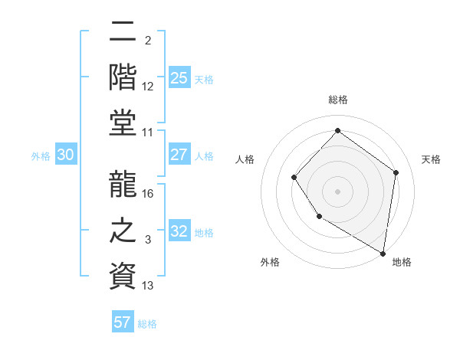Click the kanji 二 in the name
click(x=123, y=32)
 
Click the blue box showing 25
click(x=179, y=77)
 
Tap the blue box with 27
click(x=179, y=155)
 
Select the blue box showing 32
click(x=179, y=231)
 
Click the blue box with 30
click(x=65, y=155)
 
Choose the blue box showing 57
click(x=123, y=322)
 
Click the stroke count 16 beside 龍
click(x=148, y=193)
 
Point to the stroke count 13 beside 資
click(x=148, y=286)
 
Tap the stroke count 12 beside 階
click(x=148, y=86)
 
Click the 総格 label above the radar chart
click(x=337, y=100)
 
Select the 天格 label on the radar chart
click(x=431, y=159)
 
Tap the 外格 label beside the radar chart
click(x=270, y=262)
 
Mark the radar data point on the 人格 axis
click(x=294, y=178)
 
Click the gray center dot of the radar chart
click(x=337, y=191)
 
